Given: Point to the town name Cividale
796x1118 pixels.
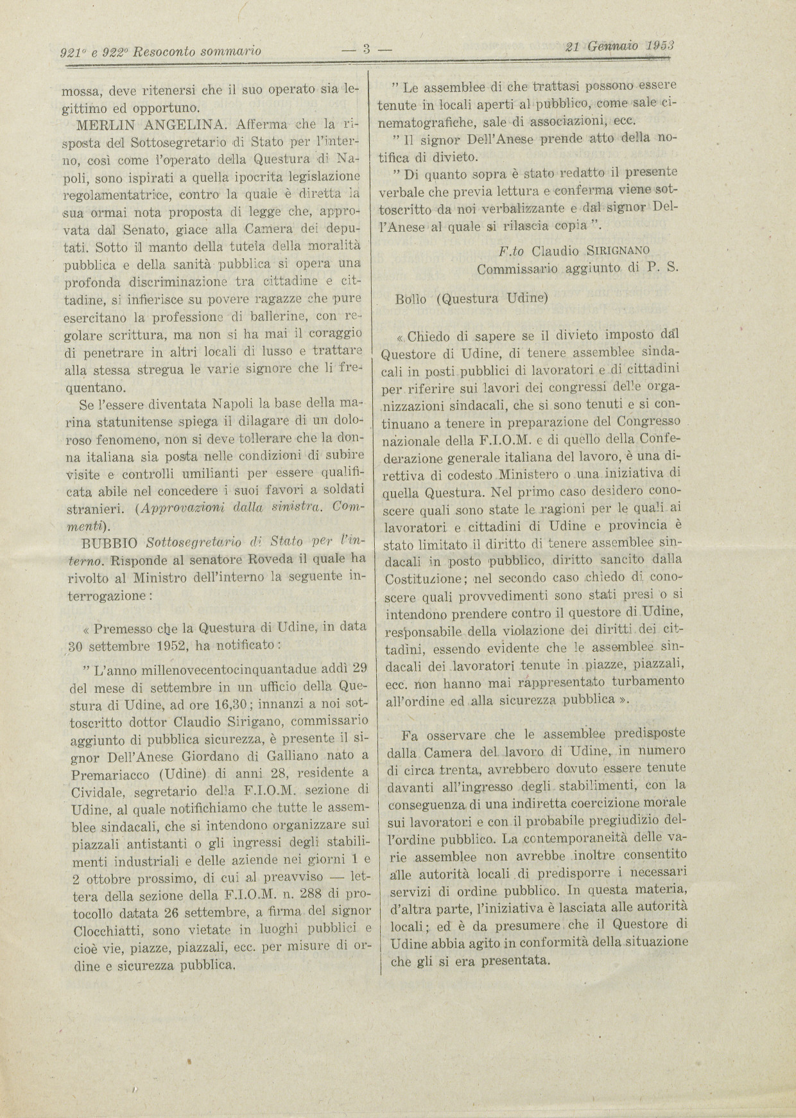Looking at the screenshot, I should (x=103, y=790).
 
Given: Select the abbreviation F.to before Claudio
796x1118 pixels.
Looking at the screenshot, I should (x=512, y=249).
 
